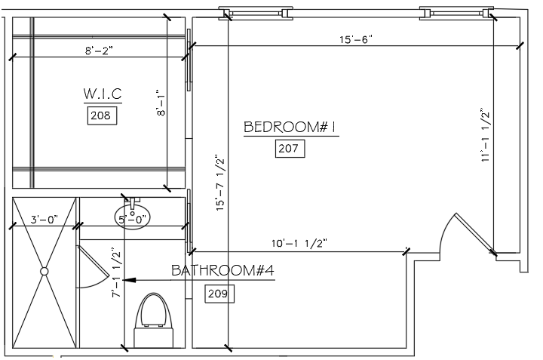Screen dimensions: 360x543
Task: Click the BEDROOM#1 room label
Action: click(290, 127)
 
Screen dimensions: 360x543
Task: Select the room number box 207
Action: click(289, 149)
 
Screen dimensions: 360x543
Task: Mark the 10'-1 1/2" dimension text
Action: click(301, 243)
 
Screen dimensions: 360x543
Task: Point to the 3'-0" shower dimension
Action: click(44, 220)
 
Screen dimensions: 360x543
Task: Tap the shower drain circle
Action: click(44, 270)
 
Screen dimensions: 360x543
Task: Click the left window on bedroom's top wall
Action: click(255, 12)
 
